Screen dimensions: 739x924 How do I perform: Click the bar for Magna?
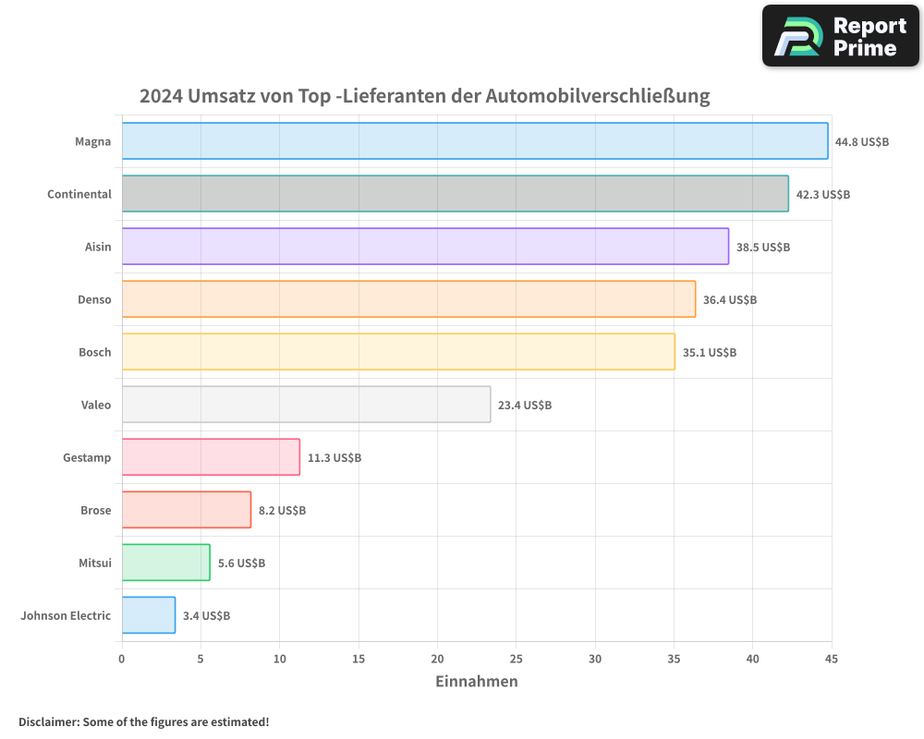coord(475,141)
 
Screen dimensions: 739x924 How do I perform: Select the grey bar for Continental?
coord(455,194)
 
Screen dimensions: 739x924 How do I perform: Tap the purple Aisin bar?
coord(425,247)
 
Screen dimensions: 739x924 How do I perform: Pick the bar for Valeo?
coord(306,405)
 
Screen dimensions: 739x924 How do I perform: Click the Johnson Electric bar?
coord(149,615)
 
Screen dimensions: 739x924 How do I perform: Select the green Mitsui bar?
coord(165,563)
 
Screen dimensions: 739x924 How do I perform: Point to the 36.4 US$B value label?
coord(730,299)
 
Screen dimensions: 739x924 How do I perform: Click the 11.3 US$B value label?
coord(334,457)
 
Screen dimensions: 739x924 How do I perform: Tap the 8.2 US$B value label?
coord(282,510)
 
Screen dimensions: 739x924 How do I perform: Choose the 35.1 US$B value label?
coord(710,352)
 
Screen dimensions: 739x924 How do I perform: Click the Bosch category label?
coord(94,352)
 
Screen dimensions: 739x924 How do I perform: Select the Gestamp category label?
coord(87,457)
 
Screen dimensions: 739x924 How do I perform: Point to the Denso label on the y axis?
coord(94,299)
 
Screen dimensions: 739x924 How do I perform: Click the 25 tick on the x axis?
coord(516,659)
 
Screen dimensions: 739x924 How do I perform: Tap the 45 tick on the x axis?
coord(831,659)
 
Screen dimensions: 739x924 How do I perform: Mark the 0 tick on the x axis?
coord(122,659)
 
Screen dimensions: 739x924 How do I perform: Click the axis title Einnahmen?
coord(476,682)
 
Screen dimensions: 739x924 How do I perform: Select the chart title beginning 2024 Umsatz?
coord(424,96)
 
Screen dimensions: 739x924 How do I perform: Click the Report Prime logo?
coord(840,36)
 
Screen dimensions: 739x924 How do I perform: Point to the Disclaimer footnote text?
coord(144,721)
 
